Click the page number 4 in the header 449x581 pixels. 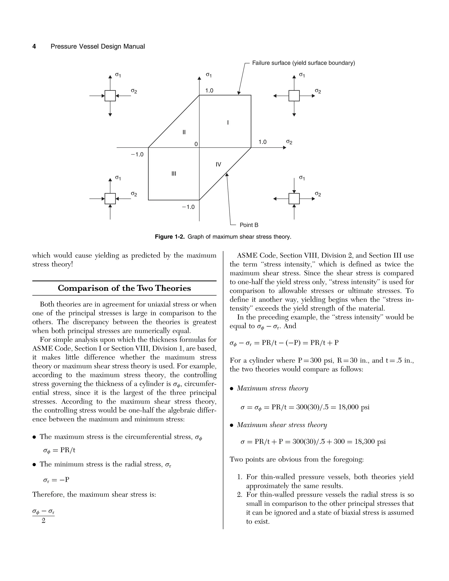(34, 46)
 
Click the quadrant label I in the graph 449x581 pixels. (228, 123)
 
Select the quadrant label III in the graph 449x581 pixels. (174, 174)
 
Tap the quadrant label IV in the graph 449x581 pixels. (218, 164)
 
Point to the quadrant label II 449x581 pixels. (184, 132)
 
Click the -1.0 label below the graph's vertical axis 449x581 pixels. (188, 207)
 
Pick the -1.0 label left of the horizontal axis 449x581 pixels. (137, 155)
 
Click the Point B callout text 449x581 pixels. (249, 225)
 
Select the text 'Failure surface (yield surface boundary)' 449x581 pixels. (303, 63)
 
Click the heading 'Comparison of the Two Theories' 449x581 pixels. (124, 288)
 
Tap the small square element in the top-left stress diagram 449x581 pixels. (110, 96)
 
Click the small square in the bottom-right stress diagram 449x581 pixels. (294, 198)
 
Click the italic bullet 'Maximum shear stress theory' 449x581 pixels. (282, 425)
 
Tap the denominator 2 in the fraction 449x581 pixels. (43, 521)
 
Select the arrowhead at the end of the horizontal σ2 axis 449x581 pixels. (284, 147)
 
